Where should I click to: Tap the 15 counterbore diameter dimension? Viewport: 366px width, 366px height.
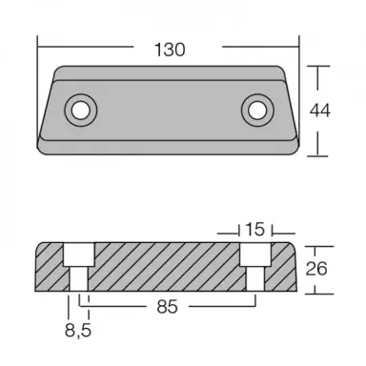click(254, 229)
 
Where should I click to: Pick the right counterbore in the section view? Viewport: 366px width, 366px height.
click(254, 254)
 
